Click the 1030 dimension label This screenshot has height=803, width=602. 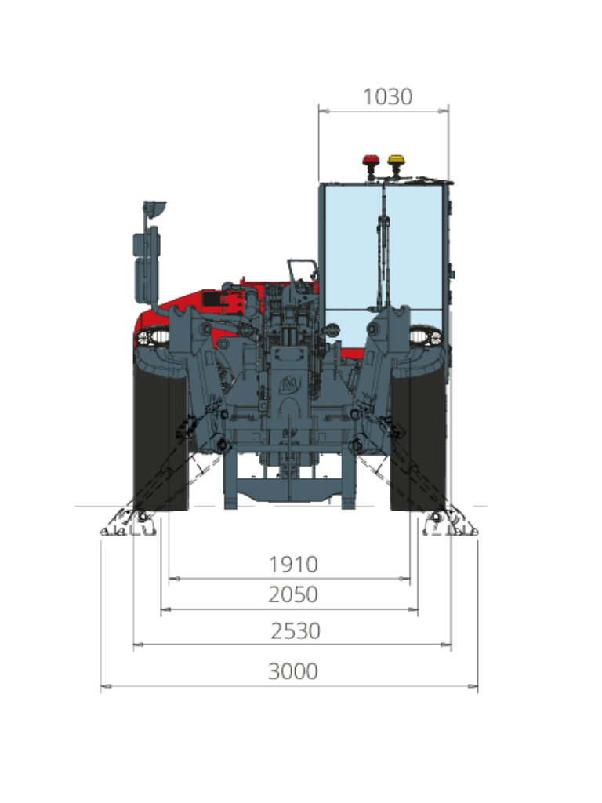387,96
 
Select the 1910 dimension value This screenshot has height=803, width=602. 293,565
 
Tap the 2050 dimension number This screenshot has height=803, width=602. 293,594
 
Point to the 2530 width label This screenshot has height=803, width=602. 296,631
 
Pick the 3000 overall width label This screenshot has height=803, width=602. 293,671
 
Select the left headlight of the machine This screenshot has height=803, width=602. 153,336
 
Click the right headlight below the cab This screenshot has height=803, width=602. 426,336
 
